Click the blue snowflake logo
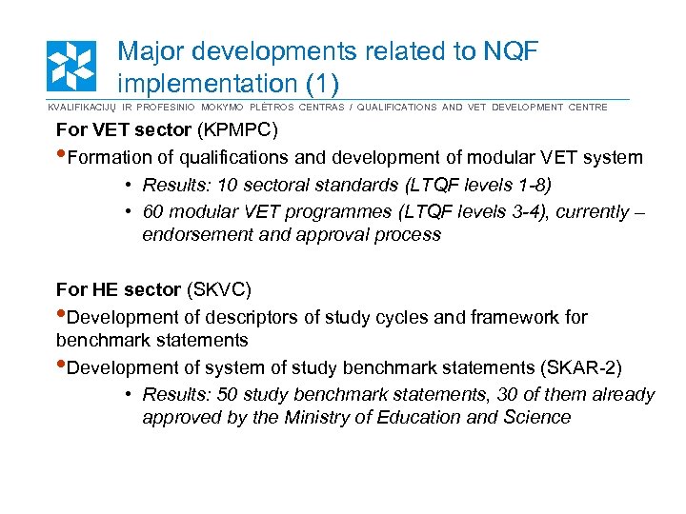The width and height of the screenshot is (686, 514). click(71, 66)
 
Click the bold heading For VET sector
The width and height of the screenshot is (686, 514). click(124, 128)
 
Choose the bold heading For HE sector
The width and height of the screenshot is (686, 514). click(118, 289)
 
